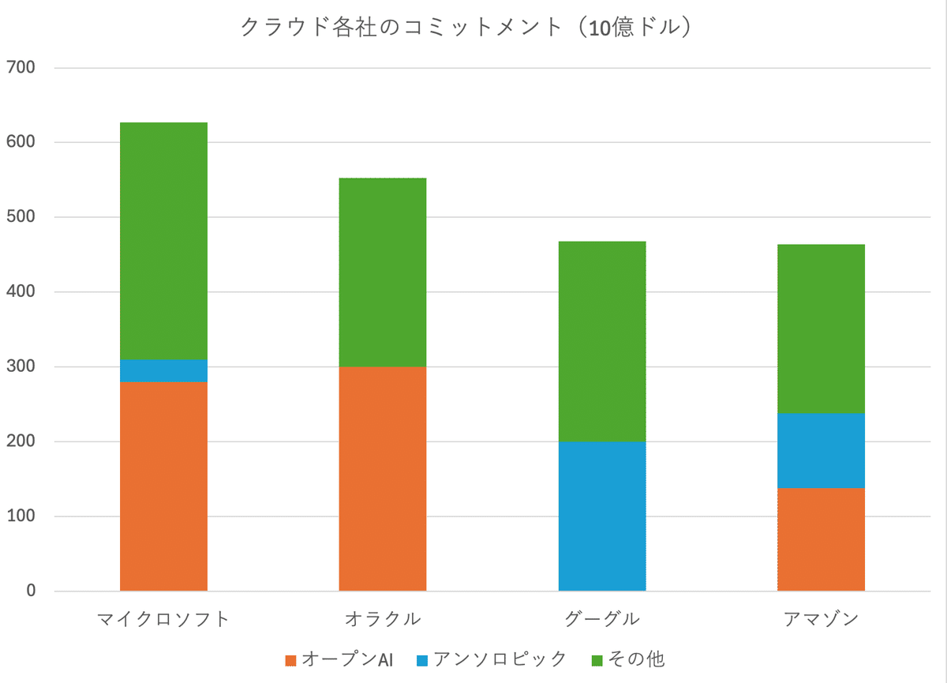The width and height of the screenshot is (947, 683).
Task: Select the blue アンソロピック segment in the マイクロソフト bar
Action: pyautogui.click(x=163, y=371)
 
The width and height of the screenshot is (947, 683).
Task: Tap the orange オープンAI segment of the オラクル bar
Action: pyautogui.click(x=383, y=478)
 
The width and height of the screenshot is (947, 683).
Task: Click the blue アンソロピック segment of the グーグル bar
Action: pyautogui.click(x=602, y=516)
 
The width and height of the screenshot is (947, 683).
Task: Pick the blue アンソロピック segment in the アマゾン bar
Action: pyautogui.click(x=821, y=451)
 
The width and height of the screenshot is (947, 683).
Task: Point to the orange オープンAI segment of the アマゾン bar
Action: pyautogui.click(x=821, y=539)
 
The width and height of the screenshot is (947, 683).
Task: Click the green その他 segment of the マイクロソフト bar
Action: pyautogui.click(x=163, y=241)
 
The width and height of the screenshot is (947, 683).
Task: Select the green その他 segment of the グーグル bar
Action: pyautogui.click(x=602, y=342)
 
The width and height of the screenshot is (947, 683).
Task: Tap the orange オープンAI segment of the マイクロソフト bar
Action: pyautogui.click(x=163, y=486)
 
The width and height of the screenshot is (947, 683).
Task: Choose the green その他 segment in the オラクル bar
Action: pyautogui.click(x=383, y=272)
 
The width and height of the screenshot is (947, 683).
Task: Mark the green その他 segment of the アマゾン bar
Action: pyautogui.click(x=821, y=329)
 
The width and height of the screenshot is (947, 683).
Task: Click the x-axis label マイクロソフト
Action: pyautogui.click(x=163, y=619)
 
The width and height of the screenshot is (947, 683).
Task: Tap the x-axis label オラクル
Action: pyautogui.click(x=383, y=619)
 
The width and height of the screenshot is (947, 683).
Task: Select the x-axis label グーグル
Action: pyautogui.click(x=602, y=619)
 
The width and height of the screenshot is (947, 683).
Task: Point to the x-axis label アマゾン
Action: pyautogui.click(x=821, y=619)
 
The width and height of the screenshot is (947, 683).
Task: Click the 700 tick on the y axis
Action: pyautogui.click(x=21, y=67)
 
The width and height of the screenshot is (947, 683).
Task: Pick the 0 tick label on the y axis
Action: pyautogui.click(x=31, y=591)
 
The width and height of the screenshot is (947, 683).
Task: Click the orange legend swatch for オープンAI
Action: pyautogui.click(x=291, y=661)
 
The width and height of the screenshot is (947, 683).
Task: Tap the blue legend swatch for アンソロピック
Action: pyautogui.click(x=422, y=661)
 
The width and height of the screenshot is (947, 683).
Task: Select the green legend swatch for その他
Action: pyautogui.click(x=597, y=661)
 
